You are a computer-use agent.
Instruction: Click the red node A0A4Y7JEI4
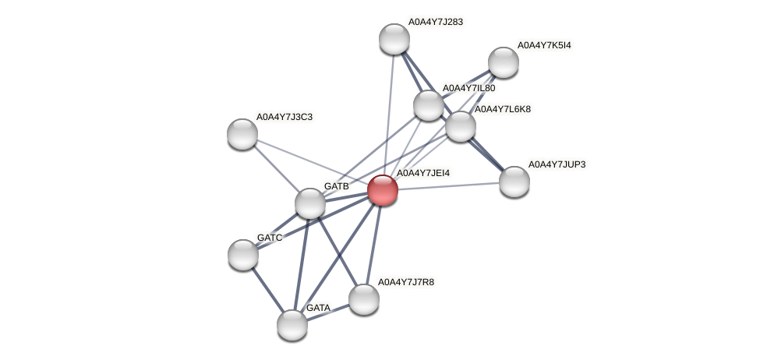pyautogui.click(x=382, y=189)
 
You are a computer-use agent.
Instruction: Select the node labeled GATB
pyautogui.click(x=310, y=203)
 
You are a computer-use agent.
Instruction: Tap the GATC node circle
pyautogui.click(x=243, y=254)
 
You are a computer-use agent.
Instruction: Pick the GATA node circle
pyautogui.click(x=292, y=324)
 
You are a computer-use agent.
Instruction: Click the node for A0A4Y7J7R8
pyautogui.click(x=363, y=298)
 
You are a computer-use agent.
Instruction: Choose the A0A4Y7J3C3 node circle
pyautogui.click(x=242, y=133)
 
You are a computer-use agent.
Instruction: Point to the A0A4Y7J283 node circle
pyautogui.click(x=394, y=39)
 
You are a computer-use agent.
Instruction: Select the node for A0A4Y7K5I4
pyautogui.click(x=504, y=62)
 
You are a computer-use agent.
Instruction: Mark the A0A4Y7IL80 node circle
pyautogui.click(x=428, y=104)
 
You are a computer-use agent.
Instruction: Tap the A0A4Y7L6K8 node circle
pyautogui.click(x=461, y=125)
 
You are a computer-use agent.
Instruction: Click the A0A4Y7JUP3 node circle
pyautogui.click(x=514, y=182)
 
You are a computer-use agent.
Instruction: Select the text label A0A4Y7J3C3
pyautogui.click(x=284, y=117)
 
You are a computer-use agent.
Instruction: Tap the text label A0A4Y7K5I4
pyautogui.click(x=543, y=45)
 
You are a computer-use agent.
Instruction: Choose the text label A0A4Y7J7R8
pyautogui.click(x=405, y=281)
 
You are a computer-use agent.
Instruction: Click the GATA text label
pyautogui.click(x=318, y=308)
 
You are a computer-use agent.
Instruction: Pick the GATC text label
pyautogui.click(x=269, y=237)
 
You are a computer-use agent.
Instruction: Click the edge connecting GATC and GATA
pyautogui.click(x=267, y=289)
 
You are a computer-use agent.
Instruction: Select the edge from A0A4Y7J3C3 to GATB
pyautogui.click(x=277, y=168)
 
